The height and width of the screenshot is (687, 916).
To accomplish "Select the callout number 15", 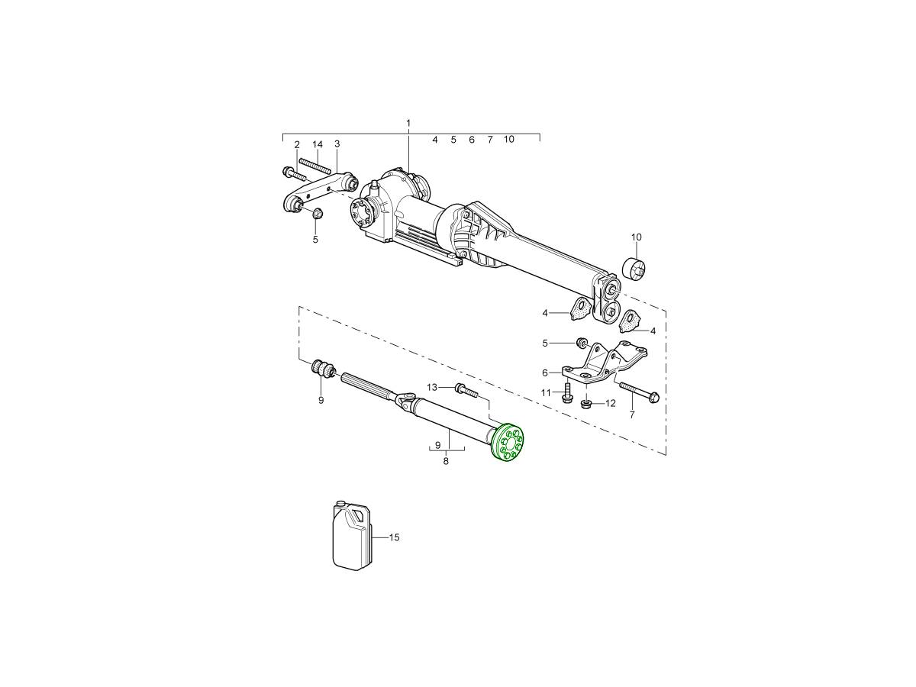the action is coord(394,537).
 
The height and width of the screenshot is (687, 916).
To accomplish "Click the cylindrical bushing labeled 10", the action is coord(634,269).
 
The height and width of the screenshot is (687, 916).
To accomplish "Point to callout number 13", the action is coord(431,387).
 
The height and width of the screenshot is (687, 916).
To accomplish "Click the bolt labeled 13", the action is coord(466,390).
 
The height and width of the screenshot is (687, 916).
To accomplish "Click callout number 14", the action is coord(318,144).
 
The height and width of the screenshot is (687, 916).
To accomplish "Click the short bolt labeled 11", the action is coord(566,393).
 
